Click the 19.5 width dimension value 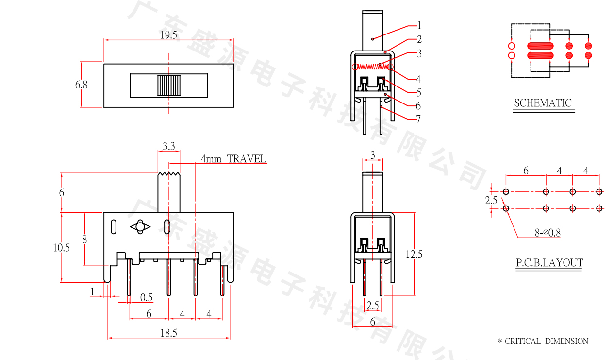point(168,35)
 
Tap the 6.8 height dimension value point(81,85)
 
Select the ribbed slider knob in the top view point(169,86)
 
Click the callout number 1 point(419,26)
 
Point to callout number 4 point(418,79)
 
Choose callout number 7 point(418,119)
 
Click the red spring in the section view point(373,67)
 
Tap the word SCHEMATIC point(543,103)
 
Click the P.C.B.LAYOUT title point(549,263)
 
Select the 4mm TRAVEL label point(233,159)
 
